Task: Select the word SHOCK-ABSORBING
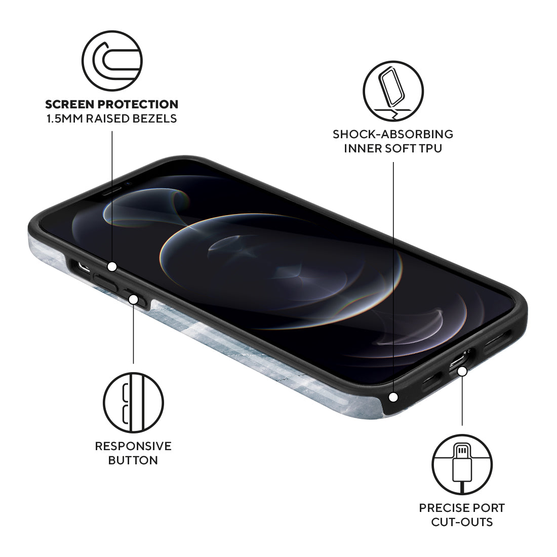(x=393, y=134)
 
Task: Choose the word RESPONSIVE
(x=133, y=446)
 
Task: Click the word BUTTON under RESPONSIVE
(x=133, y=460)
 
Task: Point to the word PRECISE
(x=440, y=507)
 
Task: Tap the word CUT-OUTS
(x=462, y=522)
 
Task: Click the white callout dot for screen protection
(x=112, y=266)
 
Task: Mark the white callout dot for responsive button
(x=134, y=299)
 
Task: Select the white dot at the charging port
(x=462, y=371)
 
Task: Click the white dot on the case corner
(x=393, y=397)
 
